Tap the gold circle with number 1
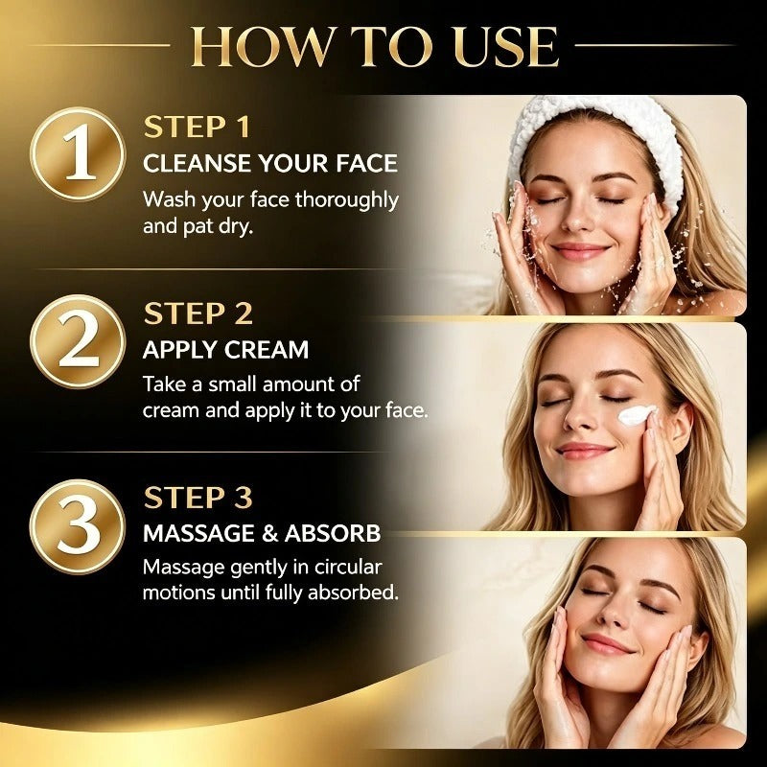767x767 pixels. [x=78, y=153]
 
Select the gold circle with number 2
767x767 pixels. [x=78, y=341]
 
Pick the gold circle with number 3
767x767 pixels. [x=78, y=526]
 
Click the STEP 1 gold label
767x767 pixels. [x=197, y=128]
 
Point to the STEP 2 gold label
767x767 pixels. [x=198, y=314]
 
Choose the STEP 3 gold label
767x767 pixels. [x=198, y=498]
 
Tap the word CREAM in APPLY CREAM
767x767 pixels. [x=267, y=350]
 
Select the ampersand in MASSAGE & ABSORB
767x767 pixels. [x=269, y=533]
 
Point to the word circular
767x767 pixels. [x=347, y=567]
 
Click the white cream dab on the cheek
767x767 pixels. [x=637, y=415]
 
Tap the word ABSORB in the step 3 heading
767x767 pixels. [x=333, y=533]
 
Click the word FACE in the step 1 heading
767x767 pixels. [x=366, y=163]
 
